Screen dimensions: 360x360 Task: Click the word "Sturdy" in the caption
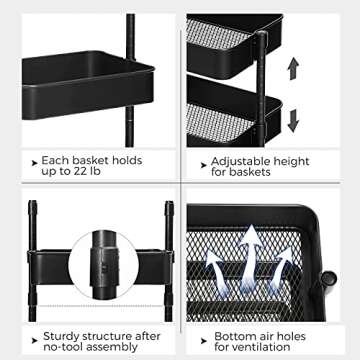59,337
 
